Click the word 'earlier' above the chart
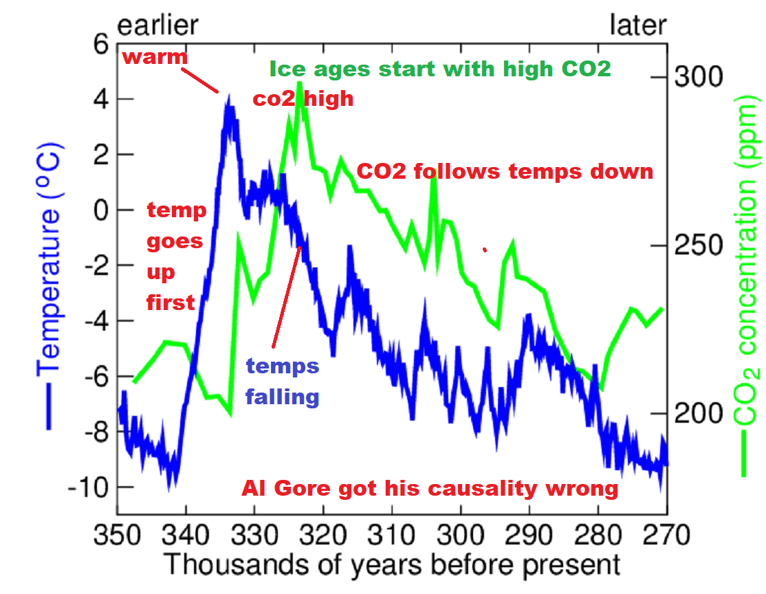tap(157, 25)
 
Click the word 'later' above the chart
tap(638, 25)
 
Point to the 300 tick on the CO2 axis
tap(699, 77)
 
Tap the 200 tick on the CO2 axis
tap(699, 413)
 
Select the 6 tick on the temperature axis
tap(101, 45)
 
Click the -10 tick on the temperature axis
tap(88, 487)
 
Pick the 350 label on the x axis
tap(118, 535)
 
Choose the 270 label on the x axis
tap(667, 535)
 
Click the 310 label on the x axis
tap(392, 535)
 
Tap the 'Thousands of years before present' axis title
tap(392, 564)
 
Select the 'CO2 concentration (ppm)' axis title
tap(747, 285)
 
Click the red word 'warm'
tap(155, 57)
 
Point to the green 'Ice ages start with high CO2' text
tap(440, 69)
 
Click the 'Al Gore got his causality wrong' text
tap(430, 488)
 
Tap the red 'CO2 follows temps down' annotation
tap(505, 171)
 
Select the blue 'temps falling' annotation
tap(283, 381)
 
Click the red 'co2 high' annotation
tap(303, 99)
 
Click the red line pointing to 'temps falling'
tap(286, 297)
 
